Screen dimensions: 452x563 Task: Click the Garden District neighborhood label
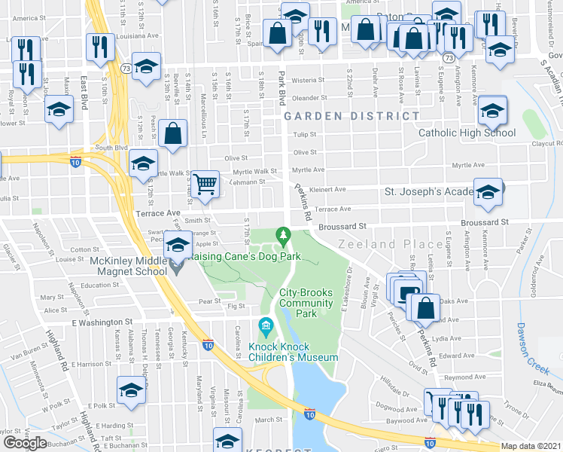click(351, 116)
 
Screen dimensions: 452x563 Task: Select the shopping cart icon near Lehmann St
click(205, 184)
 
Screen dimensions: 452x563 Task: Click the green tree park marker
click(284, 237)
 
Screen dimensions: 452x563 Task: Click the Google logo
click(25, 442)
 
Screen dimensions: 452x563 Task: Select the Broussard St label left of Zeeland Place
click(341, 225)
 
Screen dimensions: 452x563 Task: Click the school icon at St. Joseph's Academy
click(488, 192)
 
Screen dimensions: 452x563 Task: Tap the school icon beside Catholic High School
click(492, 111)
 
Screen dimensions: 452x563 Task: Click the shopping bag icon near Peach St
click(173, 133)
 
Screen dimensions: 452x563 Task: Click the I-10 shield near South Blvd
click(75, 160)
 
